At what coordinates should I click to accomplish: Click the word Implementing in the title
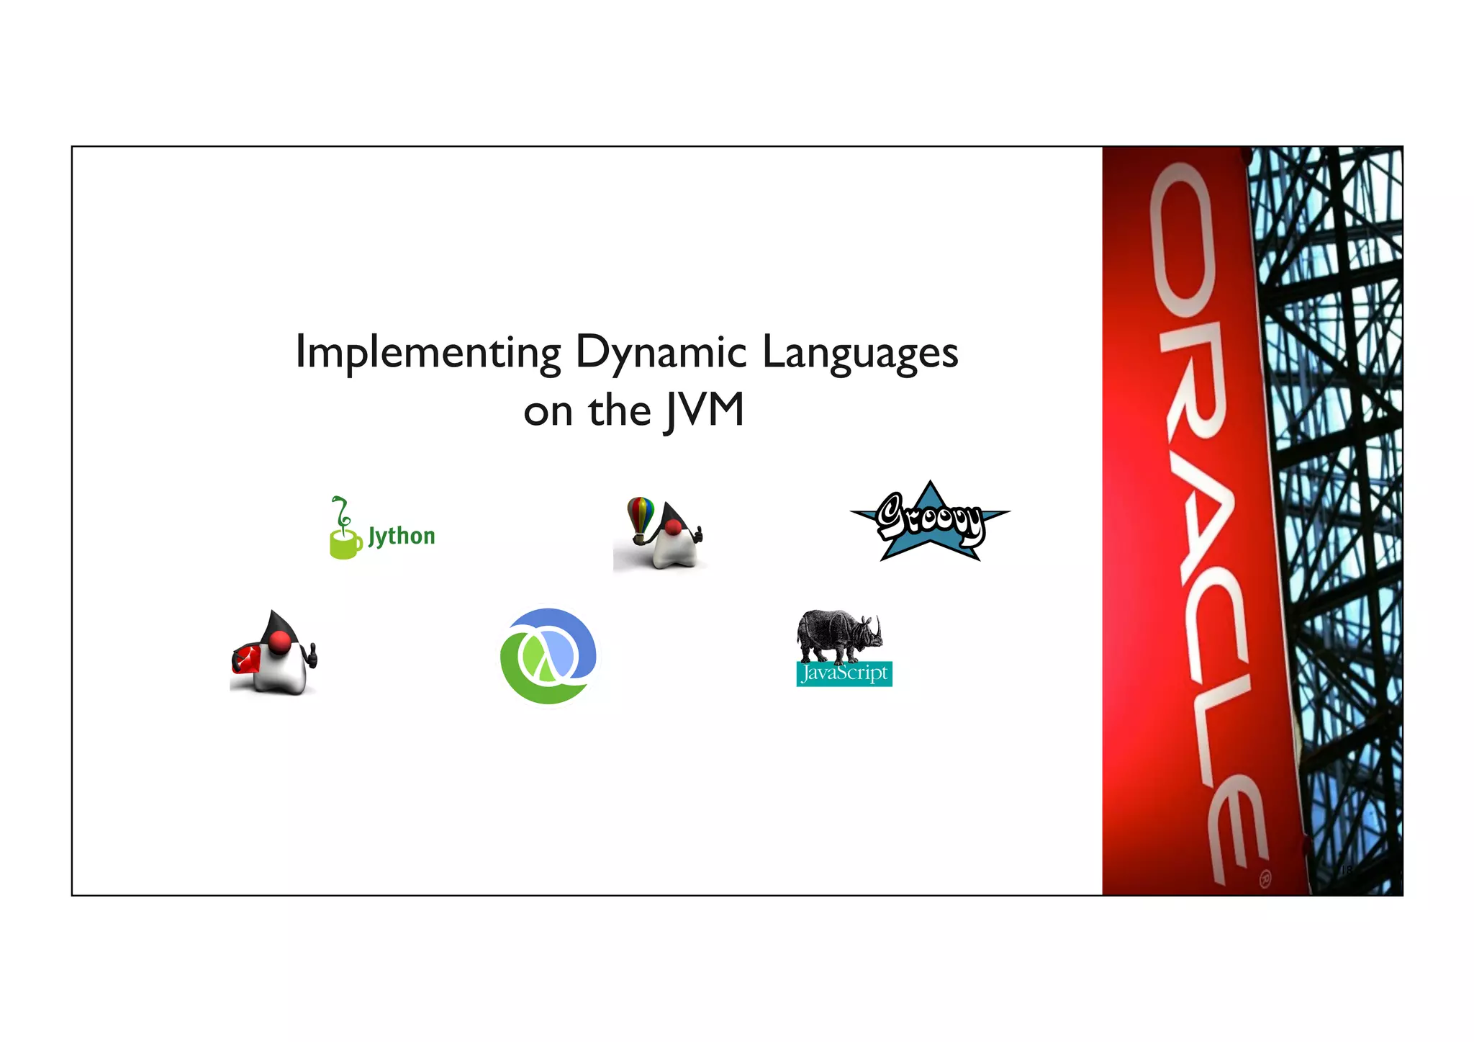(428, 353)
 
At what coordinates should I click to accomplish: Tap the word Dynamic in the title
(661, 353)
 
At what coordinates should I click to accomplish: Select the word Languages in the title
(859, 353)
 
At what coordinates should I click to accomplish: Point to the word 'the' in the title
(619, 411)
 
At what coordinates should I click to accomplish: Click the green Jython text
(401, 536)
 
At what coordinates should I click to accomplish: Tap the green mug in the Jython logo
(345, 544)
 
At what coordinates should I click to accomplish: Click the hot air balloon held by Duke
(640, 515)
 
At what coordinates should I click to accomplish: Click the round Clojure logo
(548, 656)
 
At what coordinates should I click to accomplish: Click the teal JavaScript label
(844, 674)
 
